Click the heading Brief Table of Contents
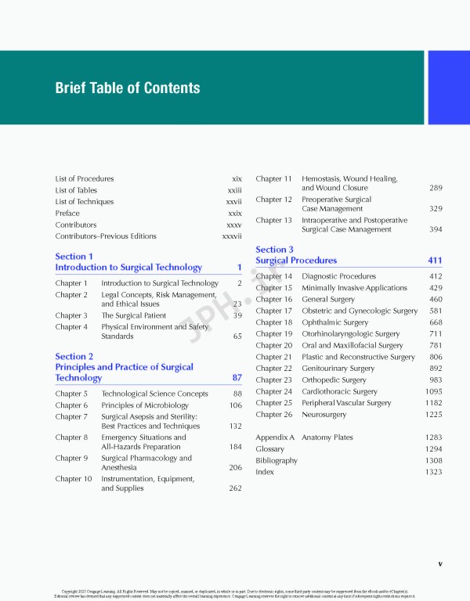[x=127, y=88]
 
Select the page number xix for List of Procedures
[x=237, y=179]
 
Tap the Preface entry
[x=67, y=213]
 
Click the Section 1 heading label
[x=74, y=256]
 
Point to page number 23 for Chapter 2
[x=237, y=304]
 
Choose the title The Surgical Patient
[x=133, y=315]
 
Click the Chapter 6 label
[x=71, y=405]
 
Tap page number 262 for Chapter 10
[x=235, y=488]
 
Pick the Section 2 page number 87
[x=237, y=378]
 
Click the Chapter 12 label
[x=273, y=200]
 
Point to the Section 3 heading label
[x=275, y=250]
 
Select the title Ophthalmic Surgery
[x=334, y=322]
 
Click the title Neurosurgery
[x=328, y=415]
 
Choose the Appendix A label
[x=275, y=437]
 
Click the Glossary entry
[x=270, y=449]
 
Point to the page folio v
[x=440, y=563]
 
